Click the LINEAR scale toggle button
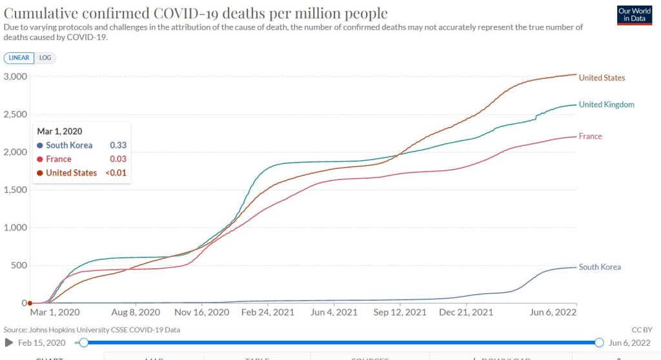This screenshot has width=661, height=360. [x=18, y=58]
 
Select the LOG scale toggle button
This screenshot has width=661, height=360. [x=45, y=58]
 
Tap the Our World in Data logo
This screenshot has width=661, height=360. [x=633, y=15]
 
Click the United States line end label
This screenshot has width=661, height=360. [x=602, y=78]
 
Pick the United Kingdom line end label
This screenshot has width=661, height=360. [x=606, y=105]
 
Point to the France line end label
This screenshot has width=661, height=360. [x=590, y=136]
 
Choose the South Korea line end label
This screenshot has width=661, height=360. [x=600, y=267]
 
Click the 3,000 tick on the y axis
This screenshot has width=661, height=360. [x=15, y=77]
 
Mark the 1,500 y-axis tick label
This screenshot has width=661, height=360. [x=15, y=190]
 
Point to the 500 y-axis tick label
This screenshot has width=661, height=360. [x=19, y=265]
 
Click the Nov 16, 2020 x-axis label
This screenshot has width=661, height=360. [x=202, y=312]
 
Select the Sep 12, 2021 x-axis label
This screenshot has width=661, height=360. [x=400, y=312]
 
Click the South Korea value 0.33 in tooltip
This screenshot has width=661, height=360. [x=117, y=145]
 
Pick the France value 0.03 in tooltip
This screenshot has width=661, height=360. [x=117, y=159]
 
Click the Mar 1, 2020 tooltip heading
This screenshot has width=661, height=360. [x=60, y=131]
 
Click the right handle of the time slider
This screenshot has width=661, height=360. [x=599, y=343]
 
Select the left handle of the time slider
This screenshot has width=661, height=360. [x=83, y=343]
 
